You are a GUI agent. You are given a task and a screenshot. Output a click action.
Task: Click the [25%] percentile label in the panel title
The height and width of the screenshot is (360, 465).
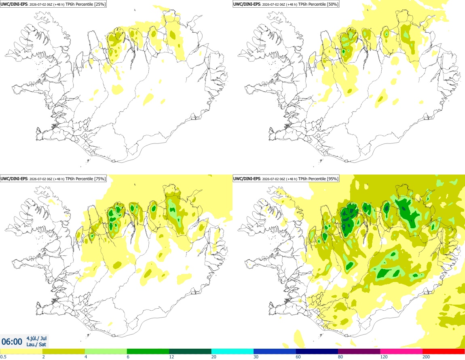(x=99, y=4)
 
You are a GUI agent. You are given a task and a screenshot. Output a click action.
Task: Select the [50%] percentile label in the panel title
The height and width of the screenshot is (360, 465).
(x=332, y=4)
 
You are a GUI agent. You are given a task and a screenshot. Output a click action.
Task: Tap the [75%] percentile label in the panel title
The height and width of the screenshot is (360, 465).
(x=99, y=179)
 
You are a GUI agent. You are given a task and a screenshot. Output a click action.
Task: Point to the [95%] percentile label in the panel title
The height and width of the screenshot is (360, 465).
(x=332, y=179)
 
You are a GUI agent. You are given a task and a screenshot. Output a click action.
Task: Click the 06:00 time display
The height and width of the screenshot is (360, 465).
(x=12, y=342)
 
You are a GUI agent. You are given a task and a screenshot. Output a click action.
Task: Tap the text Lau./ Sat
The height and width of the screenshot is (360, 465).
(x=36, y=345)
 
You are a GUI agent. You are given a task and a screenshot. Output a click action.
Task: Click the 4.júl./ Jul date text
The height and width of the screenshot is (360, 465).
(x=36, y=338)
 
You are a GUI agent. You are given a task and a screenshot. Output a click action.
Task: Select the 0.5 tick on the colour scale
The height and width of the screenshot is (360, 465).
(x=3, y=357)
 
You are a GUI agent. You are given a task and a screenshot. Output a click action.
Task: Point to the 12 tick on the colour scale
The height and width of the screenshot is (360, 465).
(x=171, y=357)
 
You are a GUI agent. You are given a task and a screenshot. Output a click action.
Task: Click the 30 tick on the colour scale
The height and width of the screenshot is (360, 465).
(x=256, y=357)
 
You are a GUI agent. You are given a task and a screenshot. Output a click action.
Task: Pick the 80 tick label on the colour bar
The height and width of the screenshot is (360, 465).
(x=340, y=357)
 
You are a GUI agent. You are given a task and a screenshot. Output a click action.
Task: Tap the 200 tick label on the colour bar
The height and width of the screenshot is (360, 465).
(x=426, y=357)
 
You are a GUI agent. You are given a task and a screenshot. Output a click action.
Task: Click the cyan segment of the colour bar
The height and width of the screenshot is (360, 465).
(x=232, y=352)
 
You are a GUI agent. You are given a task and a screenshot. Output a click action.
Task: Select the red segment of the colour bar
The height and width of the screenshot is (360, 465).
(x=444, y=352)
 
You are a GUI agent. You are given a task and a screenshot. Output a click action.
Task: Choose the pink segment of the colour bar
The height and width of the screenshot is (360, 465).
(x=401, y=352)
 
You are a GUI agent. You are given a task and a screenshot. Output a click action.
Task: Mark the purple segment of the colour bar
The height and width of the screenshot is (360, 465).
(x=359, y=352)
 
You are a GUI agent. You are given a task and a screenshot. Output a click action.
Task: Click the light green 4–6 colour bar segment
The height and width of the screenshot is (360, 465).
(x=106, y=352)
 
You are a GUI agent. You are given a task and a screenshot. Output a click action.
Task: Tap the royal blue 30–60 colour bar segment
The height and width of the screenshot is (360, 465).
(x=275, y=352)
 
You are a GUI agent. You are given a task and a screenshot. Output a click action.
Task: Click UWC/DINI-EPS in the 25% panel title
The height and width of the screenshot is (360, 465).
(x=14, y=4)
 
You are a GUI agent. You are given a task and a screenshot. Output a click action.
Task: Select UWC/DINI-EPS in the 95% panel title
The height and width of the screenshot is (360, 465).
(x=247, y=179)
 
